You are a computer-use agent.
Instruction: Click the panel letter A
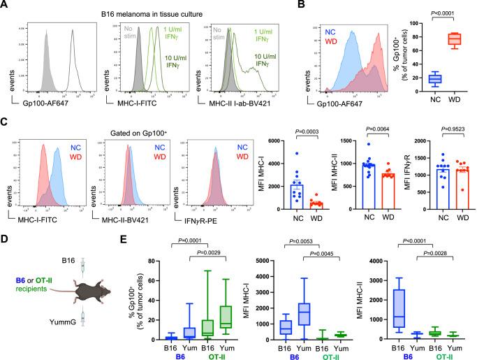6,6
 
